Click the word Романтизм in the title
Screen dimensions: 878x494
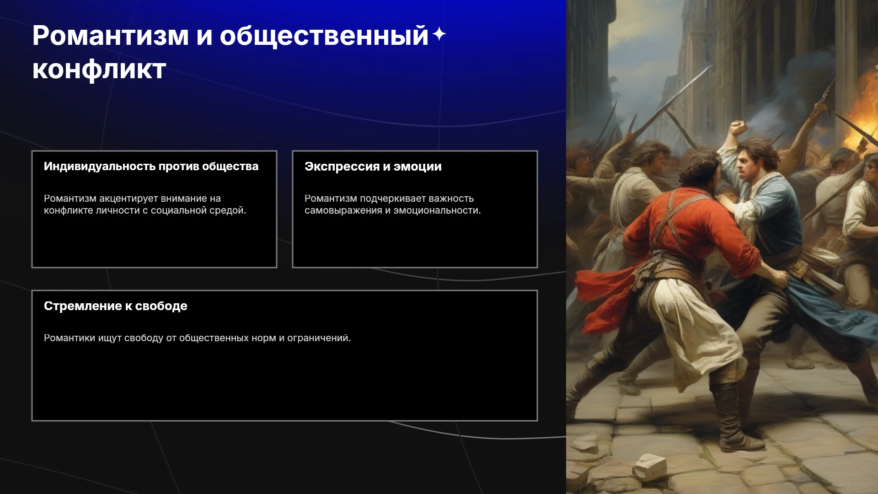click(x=111, y=36)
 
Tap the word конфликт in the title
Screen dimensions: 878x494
click(x=99, y=70)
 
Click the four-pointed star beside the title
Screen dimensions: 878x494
click(x=439, y=34)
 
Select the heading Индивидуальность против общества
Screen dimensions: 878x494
click(x=151, y=166)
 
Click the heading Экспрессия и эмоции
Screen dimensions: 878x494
click(x=373, y=166)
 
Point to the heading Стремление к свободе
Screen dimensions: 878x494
click(x=116, y=306)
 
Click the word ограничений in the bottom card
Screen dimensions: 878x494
click(x=319, y=338)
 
